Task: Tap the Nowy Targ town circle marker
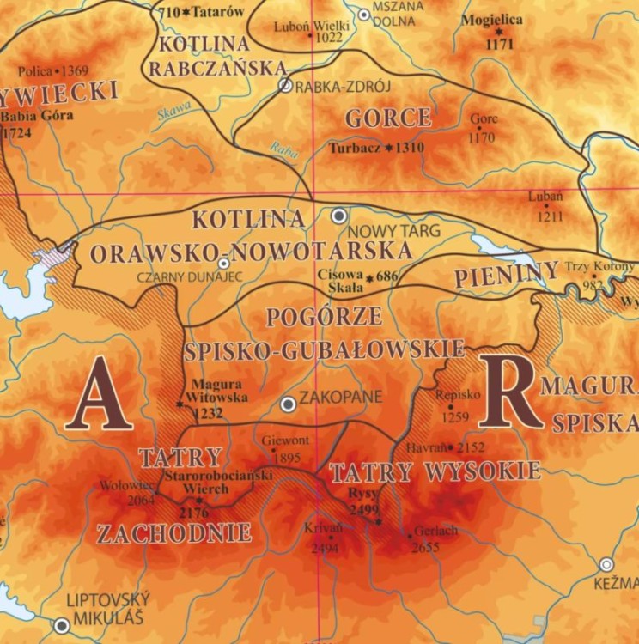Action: pos(340,216)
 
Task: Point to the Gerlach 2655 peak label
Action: pos(430,538)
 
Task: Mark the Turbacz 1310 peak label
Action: pos(376,147)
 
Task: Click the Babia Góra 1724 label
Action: pos(34,124)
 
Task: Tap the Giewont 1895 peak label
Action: pos(284,448)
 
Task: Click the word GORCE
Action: pos(388,118)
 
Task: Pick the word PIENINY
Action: pos(506,276)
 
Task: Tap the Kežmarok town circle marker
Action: pos(607,565)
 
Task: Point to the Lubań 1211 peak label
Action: pos(548,206)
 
